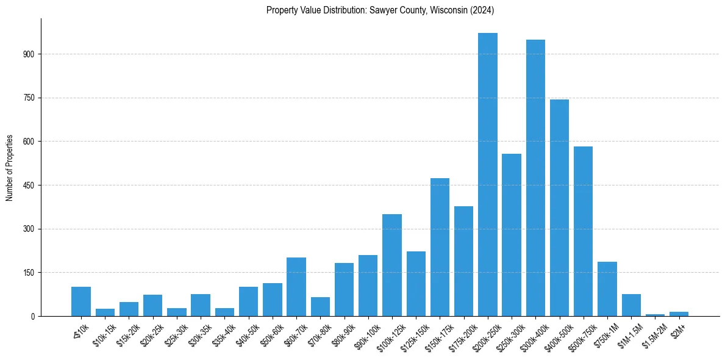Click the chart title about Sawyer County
[x=380, y=10]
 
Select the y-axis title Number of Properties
[x=10, y=167]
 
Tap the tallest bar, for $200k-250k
[x=487, y=175]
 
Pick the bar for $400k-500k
[x=559, y=207]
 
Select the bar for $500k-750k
[x=583, y=231]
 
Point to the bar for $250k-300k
[x=512, y=235]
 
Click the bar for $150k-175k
[x=440, y=247]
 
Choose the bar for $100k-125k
[x=392, y=265]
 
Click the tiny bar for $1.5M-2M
[x=655, y=315]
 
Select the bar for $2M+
[x=679, y=314]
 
